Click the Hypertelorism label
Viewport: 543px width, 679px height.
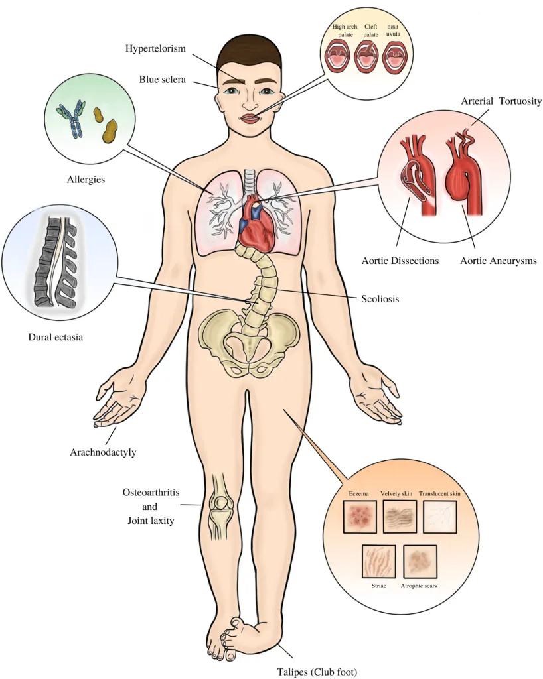(x=155, y=48)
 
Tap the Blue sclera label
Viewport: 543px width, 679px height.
(x=162, y=80)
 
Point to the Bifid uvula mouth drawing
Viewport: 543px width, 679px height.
(x=394, y=56)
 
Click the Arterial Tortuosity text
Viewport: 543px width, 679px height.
(x=501, y=101)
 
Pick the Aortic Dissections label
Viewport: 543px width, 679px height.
(x=400, y=261)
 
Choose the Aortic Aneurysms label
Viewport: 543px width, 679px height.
(x=499, y=261)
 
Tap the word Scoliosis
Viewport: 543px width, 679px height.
(x=380, y=299)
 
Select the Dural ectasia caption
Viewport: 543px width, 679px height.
(x=56, y=336)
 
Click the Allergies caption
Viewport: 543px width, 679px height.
(x=86, y=179)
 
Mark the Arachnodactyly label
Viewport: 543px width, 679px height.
(x=103, y=452)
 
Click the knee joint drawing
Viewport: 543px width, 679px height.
(x=222, y=507)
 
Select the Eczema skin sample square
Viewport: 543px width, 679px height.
(x=360, y=517)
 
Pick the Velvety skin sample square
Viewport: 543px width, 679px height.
(x=400, y=517)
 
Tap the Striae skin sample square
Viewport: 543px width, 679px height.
(x=379, y=561)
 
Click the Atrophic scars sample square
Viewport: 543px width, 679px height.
(x=420, y=561)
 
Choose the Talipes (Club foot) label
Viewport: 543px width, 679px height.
(x=317, y=672)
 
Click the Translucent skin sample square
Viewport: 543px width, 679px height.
(x=439, y=517)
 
